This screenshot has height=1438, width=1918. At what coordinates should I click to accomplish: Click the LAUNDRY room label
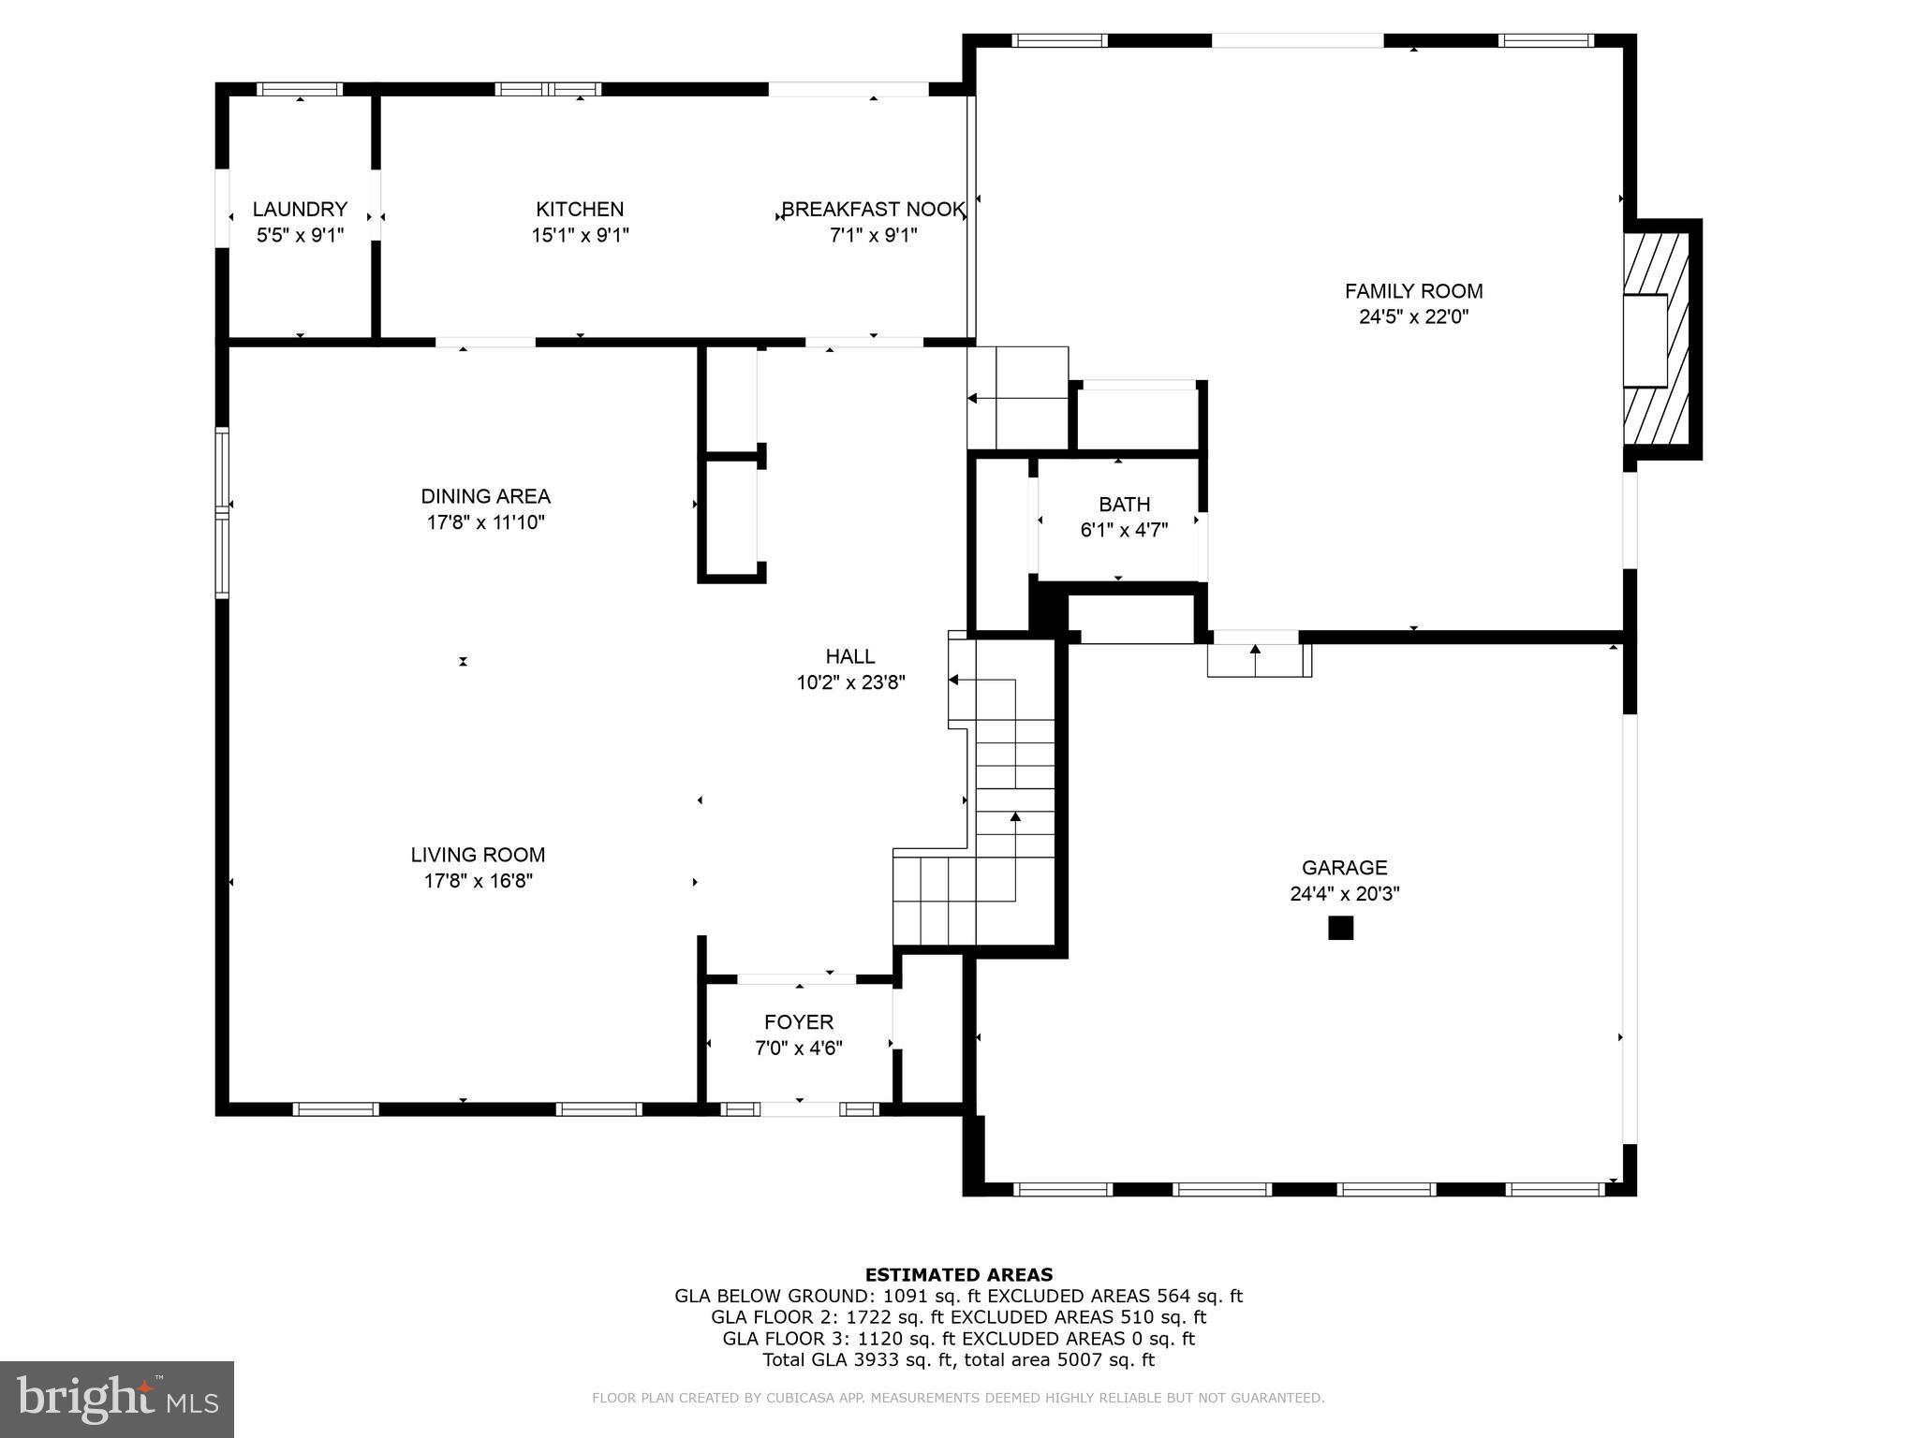300,209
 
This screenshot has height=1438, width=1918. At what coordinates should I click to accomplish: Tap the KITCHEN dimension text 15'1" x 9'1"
580,235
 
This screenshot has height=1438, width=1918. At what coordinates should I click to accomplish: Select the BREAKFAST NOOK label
873,209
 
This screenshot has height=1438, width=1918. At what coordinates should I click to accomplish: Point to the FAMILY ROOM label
1413,291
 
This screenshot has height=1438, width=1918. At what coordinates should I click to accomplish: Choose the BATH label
1124,505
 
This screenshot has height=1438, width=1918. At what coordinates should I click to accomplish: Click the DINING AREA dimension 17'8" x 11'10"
485,522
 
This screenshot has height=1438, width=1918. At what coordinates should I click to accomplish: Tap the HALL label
850,656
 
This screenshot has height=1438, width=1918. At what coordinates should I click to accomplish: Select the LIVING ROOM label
478,855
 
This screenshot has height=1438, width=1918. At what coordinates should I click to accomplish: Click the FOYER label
798,1022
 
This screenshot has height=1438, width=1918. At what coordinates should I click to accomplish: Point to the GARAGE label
1344,868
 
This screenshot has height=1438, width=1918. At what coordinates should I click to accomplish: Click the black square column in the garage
1340,928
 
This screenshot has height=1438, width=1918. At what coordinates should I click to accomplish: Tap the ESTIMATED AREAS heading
958,1274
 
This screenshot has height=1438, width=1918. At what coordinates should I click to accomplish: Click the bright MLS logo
116,1399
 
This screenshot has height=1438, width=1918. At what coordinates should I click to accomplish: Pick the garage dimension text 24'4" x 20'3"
1344,894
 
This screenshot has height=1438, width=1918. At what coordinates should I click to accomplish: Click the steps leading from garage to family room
1258,660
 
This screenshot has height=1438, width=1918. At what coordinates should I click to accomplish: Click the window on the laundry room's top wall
300,90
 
